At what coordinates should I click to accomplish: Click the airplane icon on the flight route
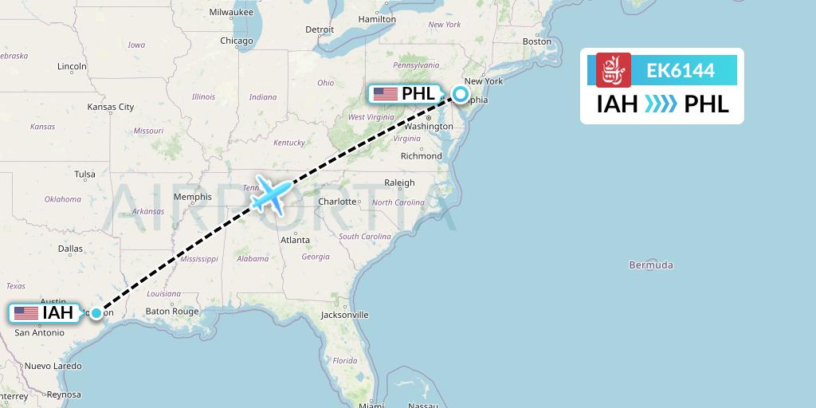tap(271, 194)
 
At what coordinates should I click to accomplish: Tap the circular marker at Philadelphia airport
tap(461, 95)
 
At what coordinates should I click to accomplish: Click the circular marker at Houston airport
tap(96, 313)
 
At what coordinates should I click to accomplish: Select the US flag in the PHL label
tap(385, 94)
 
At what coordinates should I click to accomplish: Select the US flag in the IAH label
tap(26, 313)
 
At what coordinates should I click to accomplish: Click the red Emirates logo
tap(614, 70)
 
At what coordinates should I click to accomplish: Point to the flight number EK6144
tap(680, 71)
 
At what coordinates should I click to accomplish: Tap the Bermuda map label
tap(650, 265)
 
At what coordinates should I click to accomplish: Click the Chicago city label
tap(236, 41)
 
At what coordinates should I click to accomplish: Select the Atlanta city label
tap(295, 240)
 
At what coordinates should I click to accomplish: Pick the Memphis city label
tap(192, 197)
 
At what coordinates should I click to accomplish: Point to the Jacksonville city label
tap(344, 315)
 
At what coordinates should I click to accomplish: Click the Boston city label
tap(536, 41)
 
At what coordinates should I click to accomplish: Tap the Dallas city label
tap(70, 249)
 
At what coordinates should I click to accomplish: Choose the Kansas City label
tap(111, 107)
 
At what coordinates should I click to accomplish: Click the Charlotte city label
tap(337, 202)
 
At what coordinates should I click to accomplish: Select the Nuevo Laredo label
tap(53, 366)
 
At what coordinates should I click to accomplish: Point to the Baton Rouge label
tap(171, 312)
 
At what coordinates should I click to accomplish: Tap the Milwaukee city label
tap(230, 12)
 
